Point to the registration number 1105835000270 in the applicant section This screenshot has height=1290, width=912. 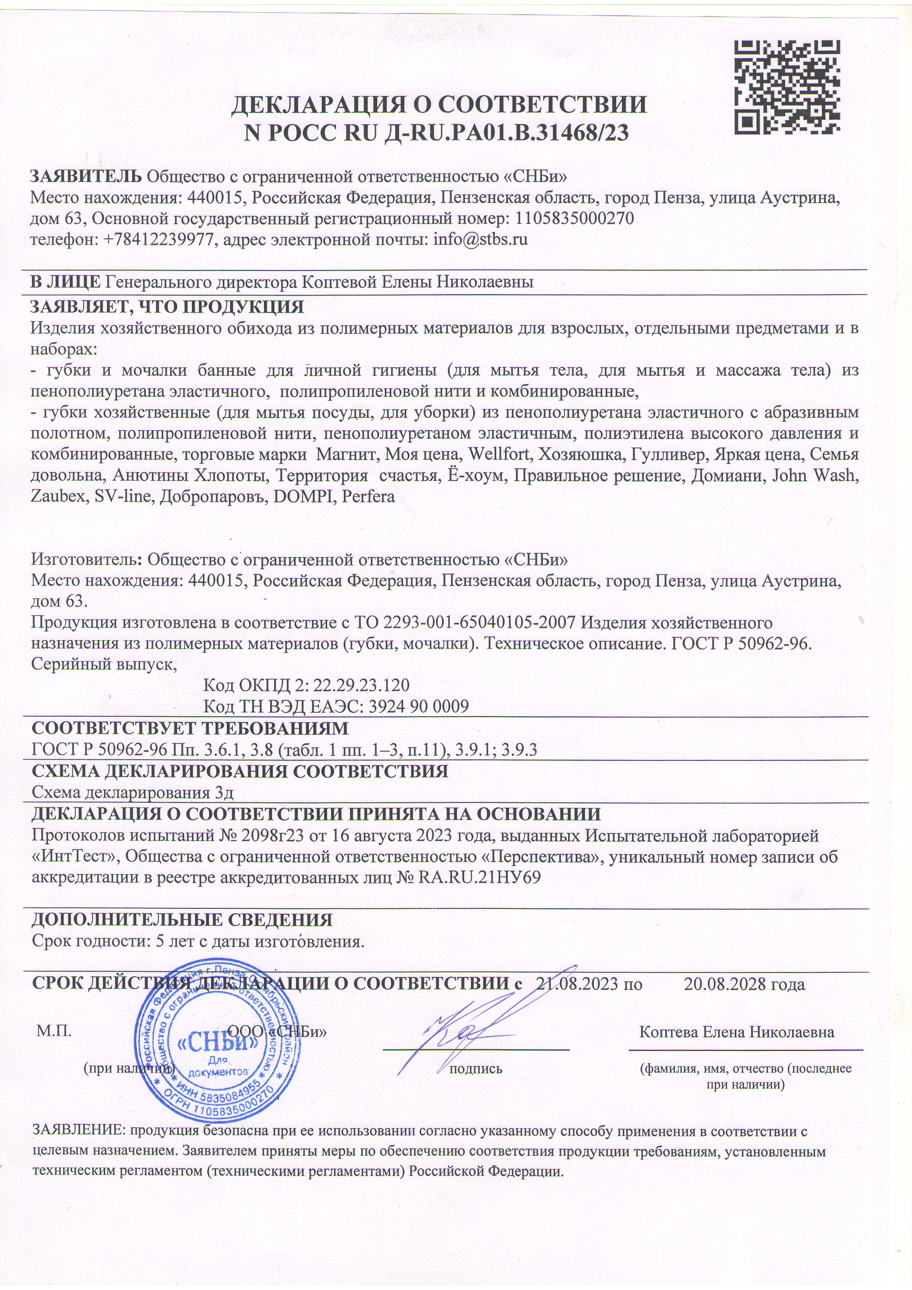[575, 218]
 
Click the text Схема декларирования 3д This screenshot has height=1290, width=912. [132, 793]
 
